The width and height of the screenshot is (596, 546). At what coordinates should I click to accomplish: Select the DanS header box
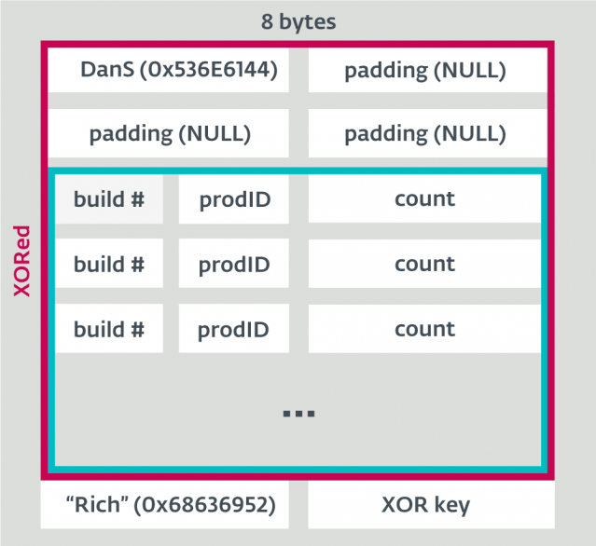(169, 70)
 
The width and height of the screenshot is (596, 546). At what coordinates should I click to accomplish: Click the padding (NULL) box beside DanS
(425, 70)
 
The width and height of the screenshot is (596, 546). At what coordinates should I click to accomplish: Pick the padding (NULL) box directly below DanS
(169, 133)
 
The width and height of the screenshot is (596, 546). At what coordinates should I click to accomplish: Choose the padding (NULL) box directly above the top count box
(425, 133)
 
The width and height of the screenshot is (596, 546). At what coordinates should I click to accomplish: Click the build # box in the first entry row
(109, 199)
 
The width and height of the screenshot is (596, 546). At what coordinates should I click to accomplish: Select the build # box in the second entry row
(109, 265)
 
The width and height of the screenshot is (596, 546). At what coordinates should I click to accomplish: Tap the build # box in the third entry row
(109, 330)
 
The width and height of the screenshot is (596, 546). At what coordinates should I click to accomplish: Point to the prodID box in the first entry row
(234, 199)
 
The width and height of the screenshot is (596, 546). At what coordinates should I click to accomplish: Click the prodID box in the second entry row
(234, 265)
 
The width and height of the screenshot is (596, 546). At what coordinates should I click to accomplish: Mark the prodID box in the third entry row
(234, 330)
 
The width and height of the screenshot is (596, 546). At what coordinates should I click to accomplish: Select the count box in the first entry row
(425, 199)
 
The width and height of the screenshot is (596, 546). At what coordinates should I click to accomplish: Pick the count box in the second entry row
(425, 265)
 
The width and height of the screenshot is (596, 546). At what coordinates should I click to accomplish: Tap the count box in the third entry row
(425, 330)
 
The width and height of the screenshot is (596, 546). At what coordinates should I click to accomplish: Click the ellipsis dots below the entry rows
(298, 413)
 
